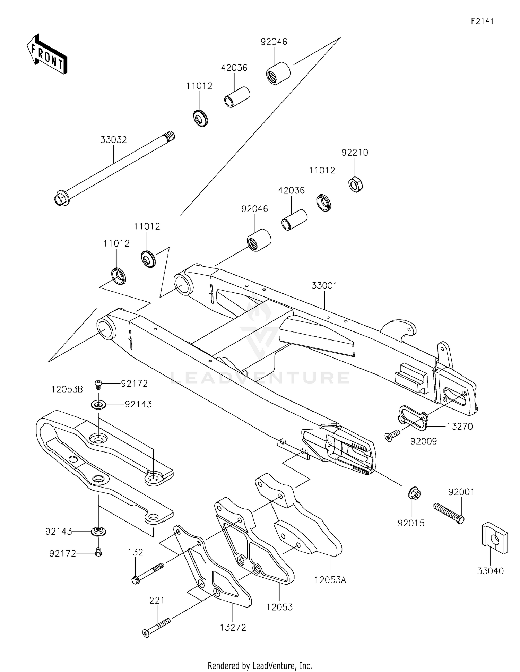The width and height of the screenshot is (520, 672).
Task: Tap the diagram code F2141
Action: click(x=482, y=21)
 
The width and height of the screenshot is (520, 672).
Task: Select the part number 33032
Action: click(x=113, y=140)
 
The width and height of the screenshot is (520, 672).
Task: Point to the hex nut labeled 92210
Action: click(x=355, y=184)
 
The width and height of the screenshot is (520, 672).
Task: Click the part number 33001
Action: click(x=324, y=286)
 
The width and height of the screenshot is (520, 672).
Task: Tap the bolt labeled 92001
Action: click(x=449, y=513)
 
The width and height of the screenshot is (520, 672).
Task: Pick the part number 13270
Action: click(x=459, y=426)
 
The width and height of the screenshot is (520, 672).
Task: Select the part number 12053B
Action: click(x=67, y=389)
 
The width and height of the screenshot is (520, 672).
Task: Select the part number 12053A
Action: click(x=330, y=579)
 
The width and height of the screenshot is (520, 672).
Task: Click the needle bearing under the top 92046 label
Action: click(x=278, y=73)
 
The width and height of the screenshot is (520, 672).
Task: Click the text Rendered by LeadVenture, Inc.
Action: click(x=260, y=665)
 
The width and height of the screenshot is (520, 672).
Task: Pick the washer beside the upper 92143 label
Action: click(x=99, y=404)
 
